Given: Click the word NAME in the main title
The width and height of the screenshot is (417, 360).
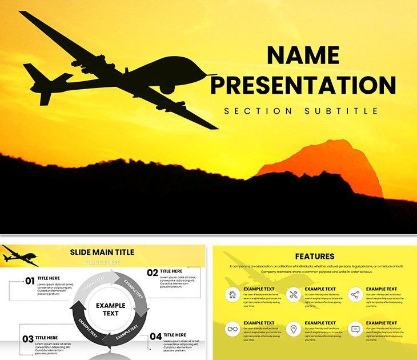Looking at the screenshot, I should tap(303, 55).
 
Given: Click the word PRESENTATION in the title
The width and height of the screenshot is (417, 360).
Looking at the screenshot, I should tap(303, 85).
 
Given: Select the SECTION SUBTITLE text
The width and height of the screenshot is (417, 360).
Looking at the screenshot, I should tap(301, 111).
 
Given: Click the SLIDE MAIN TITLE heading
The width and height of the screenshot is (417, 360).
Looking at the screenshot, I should tap(102, 252).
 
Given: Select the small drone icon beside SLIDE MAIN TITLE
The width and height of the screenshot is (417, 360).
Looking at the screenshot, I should tap(19, 255).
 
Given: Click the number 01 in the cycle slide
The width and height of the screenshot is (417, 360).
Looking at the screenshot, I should tap(29, 281).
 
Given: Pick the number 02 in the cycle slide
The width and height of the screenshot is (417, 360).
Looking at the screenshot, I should tap(152, 273).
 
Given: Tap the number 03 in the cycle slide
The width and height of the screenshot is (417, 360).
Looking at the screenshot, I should tap(28, 339).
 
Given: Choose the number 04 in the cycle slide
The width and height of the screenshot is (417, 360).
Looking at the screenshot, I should tap(155, 337).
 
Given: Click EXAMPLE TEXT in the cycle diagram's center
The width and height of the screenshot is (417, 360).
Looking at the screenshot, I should tap(110, 309).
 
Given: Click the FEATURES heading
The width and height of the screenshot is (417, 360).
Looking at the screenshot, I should tap(315, 257).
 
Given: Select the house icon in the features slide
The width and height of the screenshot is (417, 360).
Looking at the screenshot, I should tap(232, 295).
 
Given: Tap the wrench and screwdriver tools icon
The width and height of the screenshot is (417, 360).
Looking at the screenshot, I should tap(294, 295).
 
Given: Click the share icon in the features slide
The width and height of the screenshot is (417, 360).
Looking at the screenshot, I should tap(355, 295).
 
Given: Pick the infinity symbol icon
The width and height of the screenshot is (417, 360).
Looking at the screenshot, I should tap(232, 329).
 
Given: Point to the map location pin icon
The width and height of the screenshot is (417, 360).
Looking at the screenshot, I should tap(294, 329).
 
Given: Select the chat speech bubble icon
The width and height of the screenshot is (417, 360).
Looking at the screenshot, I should tap(355, 329).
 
